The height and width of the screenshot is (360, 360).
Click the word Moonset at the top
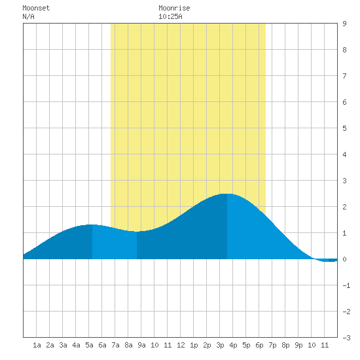pyautogui.click(x=36, y=8)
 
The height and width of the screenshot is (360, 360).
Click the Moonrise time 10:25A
pyautogui.click(x=170, y=16)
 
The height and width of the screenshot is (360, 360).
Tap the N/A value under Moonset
pyautogui.click(x=28, y=16)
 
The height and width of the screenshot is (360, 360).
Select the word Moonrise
pyautogui.click(x=174, y=8)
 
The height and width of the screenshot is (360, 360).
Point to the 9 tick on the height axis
pyautogui.click(x=344, y=24)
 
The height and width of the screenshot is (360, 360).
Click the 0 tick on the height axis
pyautogui.click(x=344, y=259)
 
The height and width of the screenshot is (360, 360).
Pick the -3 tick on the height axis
pyautogui.click(x=346, y=338)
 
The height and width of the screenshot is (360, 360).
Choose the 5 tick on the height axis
pyautogui.click(x=344, y=128)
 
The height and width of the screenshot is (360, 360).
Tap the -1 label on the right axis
pyautogui.click(x=346, y=285)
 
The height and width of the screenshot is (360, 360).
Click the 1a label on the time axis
pyautogui.click(x=37, y=345)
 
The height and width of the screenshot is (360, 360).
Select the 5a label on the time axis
pyautogui.click(x=89, y=345)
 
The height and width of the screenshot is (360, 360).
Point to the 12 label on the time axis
pyautogui.click(x=181, y=345)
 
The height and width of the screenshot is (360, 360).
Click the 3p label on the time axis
pyautogui.click(x=220, y=345)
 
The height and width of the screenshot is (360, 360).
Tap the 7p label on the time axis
pyautogui.click(x=272, y=345)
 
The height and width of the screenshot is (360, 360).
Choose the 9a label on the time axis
pyautogui.click(x=141, y=345)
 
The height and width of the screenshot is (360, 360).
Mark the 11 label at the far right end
pyautogui.click(x=325, y=345)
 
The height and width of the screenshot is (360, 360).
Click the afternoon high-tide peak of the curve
pyautogui.click(x=227, y=194)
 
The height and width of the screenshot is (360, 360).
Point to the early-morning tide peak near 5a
pyautogui.click(x=92, y=225)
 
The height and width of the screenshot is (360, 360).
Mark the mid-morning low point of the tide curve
pyautogui.click(x=137, y=232)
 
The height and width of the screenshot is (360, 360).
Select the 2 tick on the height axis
pyautogui.click(x=344, y=207)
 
